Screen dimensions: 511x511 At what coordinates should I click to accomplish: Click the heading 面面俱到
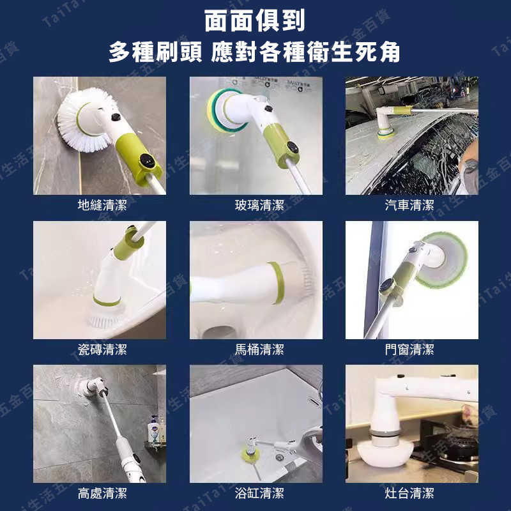pyautogui.click(x=256, y=20)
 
